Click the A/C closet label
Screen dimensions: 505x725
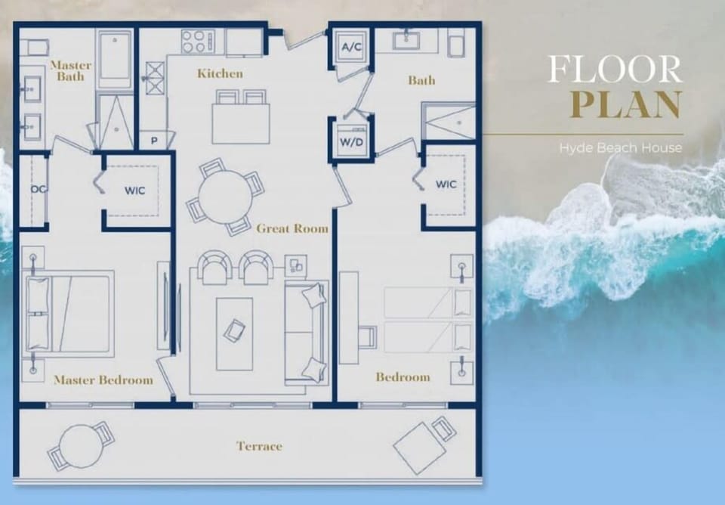pos(350,48)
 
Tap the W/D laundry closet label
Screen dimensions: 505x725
pos(351,141)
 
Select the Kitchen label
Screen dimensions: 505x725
pos(220,73)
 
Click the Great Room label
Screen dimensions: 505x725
pos(292,228)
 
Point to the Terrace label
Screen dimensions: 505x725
pos(259,446)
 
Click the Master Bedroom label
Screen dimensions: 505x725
pos(103,380)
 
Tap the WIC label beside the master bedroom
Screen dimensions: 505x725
pos(134,191)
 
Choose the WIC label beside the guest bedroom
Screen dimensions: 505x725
pos(446,184)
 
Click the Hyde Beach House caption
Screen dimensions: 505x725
pos(620,148)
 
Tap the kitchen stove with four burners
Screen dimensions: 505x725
pos(198,42)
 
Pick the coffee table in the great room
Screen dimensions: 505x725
pos(234,333)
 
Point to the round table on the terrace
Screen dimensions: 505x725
pos(80,444)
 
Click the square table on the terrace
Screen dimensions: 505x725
pos(419,448)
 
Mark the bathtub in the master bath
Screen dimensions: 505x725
pos(116,59)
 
